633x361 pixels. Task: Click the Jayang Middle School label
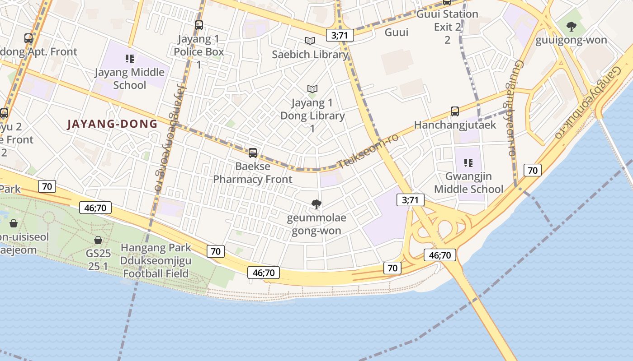130,79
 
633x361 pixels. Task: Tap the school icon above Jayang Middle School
130,58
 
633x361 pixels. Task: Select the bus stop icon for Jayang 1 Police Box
199,25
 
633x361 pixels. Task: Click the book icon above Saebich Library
310,41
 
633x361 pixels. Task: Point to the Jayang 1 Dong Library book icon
312,89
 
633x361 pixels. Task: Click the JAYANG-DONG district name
112,124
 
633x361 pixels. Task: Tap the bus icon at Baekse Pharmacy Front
253,153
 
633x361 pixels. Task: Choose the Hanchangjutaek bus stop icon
455,111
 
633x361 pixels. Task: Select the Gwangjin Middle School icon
468,162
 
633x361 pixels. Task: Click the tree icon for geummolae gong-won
316,205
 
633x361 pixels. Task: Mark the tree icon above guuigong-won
572,26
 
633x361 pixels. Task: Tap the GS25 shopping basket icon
98,240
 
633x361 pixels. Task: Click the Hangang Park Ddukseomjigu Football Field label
156,260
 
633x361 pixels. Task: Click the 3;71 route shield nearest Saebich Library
340,35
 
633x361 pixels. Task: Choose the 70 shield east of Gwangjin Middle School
533,170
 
